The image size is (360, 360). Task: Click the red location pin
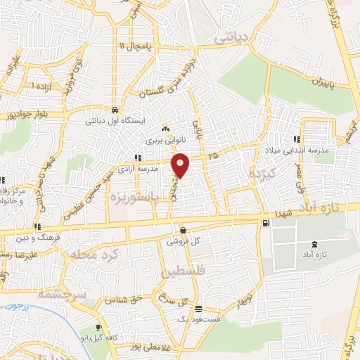[181, 165]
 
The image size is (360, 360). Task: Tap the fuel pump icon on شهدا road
[265, 224]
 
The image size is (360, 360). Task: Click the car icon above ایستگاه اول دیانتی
[115, 110]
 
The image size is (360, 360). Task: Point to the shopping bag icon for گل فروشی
[183, 230]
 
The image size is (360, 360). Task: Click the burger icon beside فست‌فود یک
[198, 309]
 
